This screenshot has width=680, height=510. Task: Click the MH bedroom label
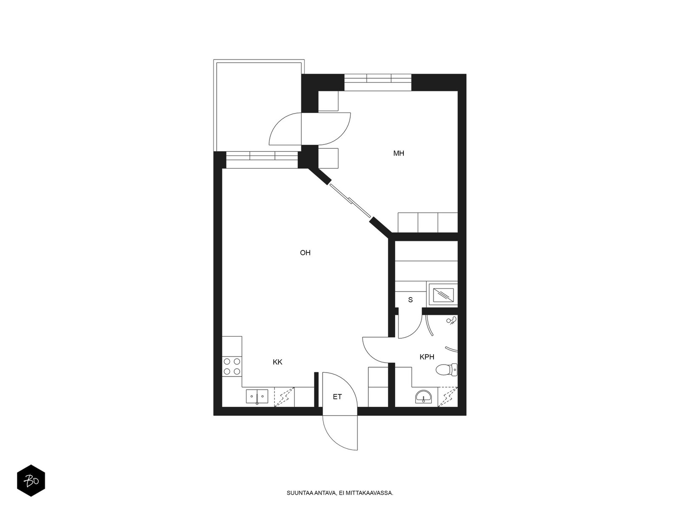(x=398, y=153)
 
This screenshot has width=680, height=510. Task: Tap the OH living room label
(x=305, y=253)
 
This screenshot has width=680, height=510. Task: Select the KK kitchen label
(x=278, y=362)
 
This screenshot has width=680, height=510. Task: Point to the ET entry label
(x=337, y=397)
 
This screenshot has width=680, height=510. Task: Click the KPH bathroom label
(x=427, y=357)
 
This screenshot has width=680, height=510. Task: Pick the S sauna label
(x=411, y=300)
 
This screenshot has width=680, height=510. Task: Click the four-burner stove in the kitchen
(x=232, y=366)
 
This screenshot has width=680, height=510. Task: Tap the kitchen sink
(x=257, y=397)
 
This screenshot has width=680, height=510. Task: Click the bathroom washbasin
(x=423, y=397)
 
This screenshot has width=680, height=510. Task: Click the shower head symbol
(x=451, y=320)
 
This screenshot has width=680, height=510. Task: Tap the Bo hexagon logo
(x=31, y=481)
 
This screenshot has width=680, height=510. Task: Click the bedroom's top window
(x=378, y=82)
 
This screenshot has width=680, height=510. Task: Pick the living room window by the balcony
(x=262, y=160)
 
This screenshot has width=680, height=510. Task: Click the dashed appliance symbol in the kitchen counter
(x=284, y=397)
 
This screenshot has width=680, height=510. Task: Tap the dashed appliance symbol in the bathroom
(x=448, y=397)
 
